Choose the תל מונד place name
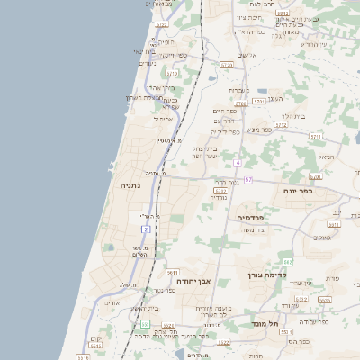265,322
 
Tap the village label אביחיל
164,119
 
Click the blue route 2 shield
145,229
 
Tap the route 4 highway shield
238,163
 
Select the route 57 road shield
247,180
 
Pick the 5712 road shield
281,126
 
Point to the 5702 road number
220,191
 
